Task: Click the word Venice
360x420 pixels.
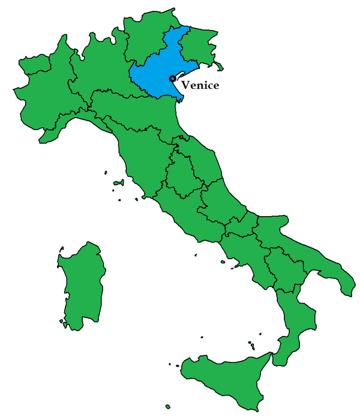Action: [x=200, y=85]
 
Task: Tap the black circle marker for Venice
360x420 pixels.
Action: [x=172, y=79]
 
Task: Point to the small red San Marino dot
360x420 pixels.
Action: [x=181, y=139]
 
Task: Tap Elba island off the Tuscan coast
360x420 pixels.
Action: [x=119, y=182]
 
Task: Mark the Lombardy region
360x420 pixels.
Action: [x=102, y=66]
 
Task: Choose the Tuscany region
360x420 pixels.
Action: [x=138, y=156]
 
